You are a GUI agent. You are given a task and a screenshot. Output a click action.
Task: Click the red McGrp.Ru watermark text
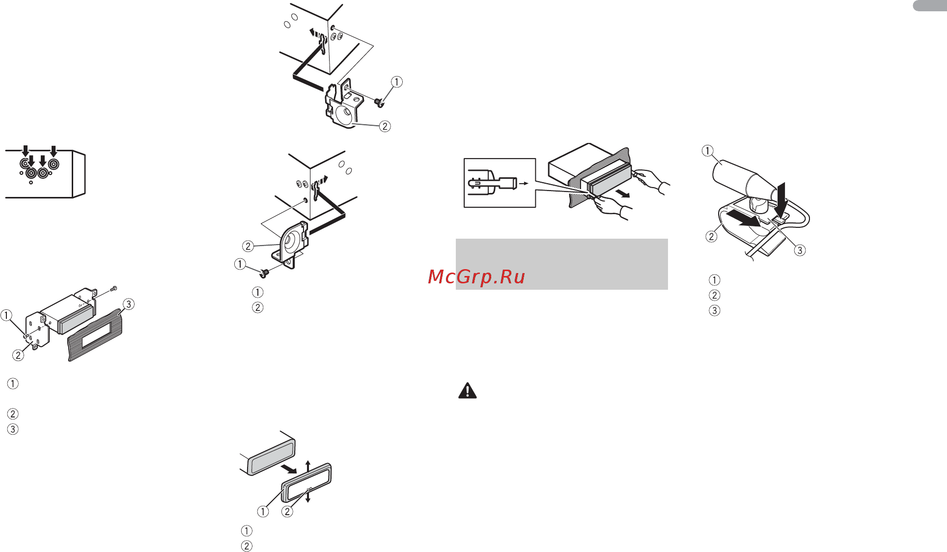476,277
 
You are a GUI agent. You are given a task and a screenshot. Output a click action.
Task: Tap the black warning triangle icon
468,390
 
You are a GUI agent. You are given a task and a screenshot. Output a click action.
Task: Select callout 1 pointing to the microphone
708,151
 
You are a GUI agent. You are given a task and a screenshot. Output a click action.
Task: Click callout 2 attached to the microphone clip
711,236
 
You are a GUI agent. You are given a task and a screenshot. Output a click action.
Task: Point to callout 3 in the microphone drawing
800,250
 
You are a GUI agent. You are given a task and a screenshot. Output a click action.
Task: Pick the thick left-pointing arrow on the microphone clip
744,219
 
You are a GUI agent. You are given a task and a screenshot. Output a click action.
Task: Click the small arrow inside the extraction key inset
524,184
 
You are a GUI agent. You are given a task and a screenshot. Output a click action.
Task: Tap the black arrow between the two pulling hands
623,194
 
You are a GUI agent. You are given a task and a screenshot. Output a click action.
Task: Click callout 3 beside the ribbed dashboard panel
128,304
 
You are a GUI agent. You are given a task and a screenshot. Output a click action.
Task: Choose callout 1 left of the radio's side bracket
6,315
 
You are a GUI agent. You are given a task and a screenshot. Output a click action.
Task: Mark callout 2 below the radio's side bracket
18,355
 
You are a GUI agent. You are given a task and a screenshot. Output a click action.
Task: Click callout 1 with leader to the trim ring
263,511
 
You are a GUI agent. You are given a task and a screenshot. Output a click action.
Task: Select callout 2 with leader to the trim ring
287,511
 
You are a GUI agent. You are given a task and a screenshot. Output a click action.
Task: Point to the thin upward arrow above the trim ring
308,467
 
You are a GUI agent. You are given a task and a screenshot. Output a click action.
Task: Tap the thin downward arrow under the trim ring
308,497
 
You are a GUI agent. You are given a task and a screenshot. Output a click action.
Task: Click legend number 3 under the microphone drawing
715,310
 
